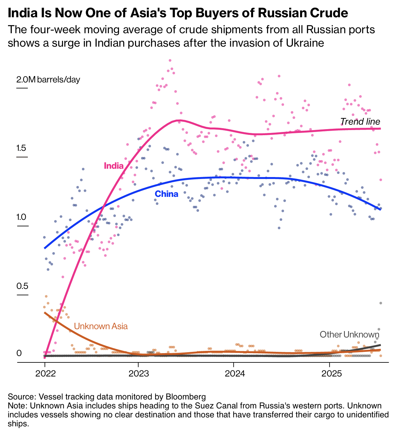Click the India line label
114,166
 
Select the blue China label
166,194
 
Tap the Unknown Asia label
101,326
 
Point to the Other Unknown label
349,335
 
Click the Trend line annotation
360,121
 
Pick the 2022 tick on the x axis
45,373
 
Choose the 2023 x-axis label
138,373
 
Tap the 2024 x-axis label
234,373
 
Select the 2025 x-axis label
329,373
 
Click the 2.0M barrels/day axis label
48,79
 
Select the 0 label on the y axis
19,353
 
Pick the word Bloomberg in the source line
186,397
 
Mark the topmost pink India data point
170,60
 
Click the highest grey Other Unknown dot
381,303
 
